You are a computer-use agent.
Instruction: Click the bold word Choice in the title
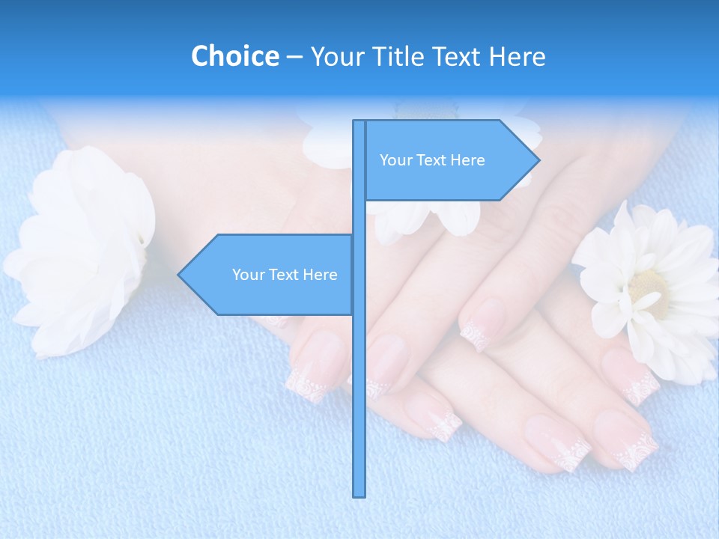tap(234, 56)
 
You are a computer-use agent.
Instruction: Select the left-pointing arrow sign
tap(270, 275)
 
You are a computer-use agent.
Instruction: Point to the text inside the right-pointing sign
tap(432, 160)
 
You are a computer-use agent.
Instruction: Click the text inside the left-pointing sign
tap(285, 275)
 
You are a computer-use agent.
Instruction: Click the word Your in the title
tap(335, 57)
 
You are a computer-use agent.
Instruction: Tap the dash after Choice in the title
tap(294, 57)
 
